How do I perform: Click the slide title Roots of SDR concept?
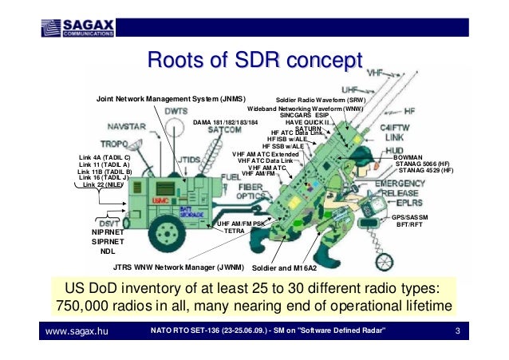pos(251,61)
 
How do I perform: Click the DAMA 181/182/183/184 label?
pos(226,123)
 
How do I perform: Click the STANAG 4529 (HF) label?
pos(425,171)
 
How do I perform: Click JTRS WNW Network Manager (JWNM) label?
pos(178,268)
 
